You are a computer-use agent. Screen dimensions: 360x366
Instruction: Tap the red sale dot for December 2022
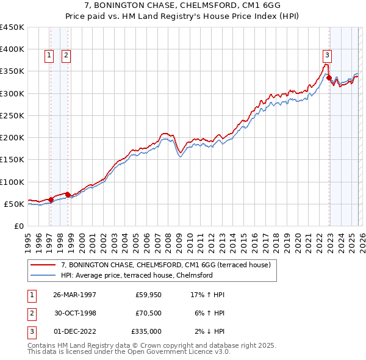point(329,78)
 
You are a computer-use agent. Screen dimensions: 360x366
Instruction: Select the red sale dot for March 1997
point(51,200)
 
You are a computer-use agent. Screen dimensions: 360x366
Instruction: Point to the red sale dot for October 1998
point(68,195)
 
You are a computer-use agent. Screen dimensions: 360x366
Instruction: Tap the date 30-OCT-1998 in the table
point(74,313)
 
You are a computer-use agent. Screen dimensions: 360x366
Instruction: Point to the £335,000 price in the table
point(146,331)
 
